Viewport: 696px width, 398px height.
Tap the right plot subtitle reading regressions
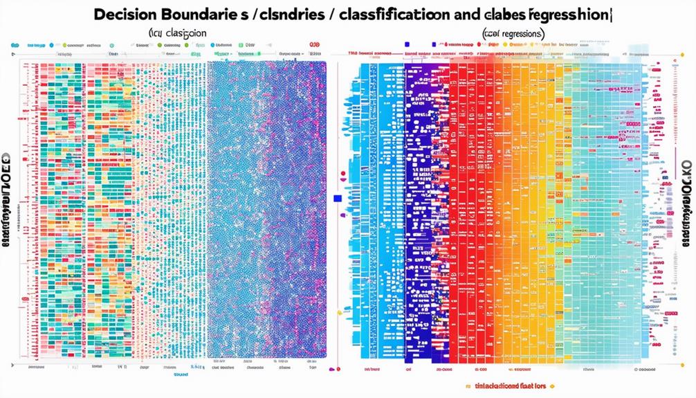tap(513, 33)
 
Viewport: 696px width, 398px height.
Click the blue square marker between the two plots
tap(338, 198)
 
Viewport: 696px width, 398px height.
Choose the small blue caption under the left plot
tap(181, 374)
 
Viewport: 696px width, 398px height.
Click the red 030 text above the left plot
tap(315, 45)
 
